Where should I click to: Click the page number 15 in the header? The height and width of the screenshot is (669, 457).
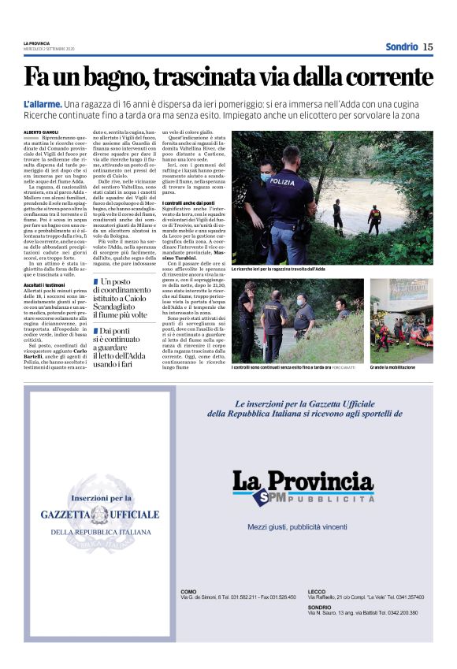coord(428,46)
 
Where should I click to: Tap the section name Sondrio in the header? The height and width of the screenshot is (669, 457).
coord(401,46)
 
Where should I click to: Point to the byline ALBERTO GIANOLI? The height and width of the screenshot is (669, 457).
coord(42,132)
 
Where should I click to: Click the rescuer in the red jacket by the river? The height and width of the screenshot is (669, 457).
coord(375,217)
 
